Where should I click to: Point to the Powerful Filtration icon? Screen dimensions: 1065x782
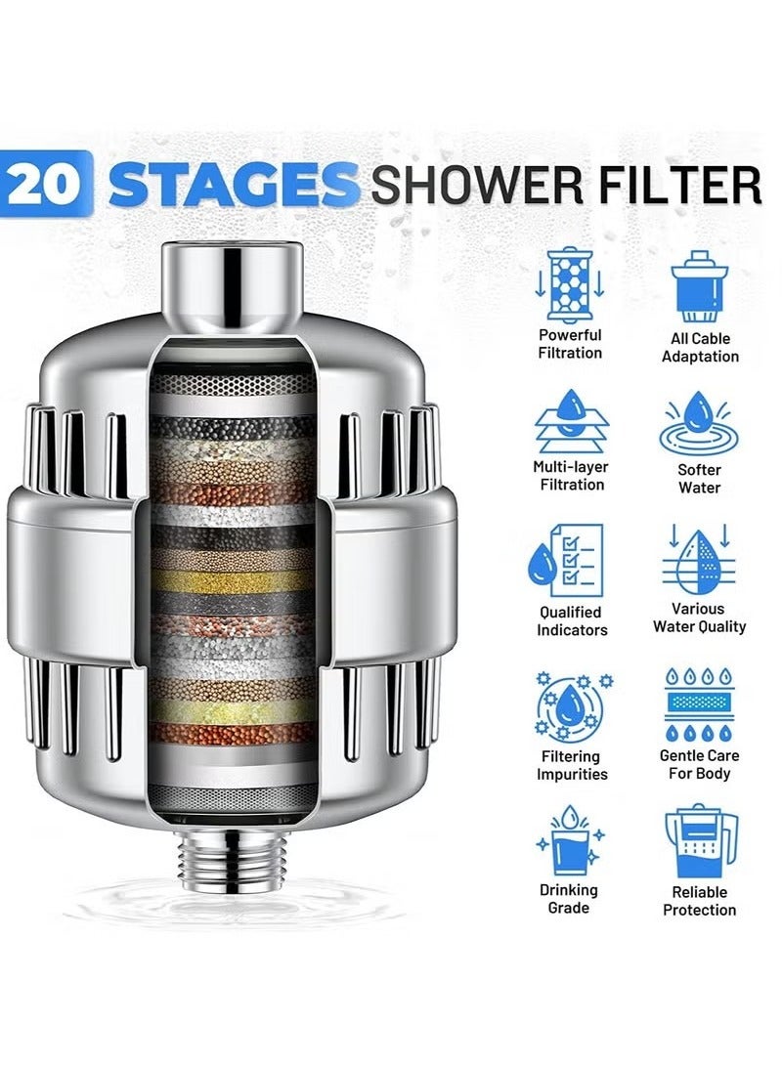coord(571,283)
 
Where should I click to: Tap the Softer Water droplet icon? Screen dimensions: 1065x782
coord(700,422)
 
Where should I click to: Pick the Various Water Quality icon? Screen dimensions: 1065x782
coord(700,560)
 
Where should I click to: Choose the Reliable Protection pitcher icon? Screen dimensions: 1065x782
coord(700,841)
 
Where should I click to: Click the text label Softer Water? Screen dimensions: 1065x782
coord(700,478)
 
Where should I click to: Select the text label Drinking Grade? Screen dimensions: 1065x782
coord(569,899)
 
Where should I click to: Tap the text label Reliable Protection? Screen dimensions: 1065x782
coord(700,901)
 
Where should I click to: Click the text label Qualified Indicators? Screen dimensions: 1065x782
coord(572,621)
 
